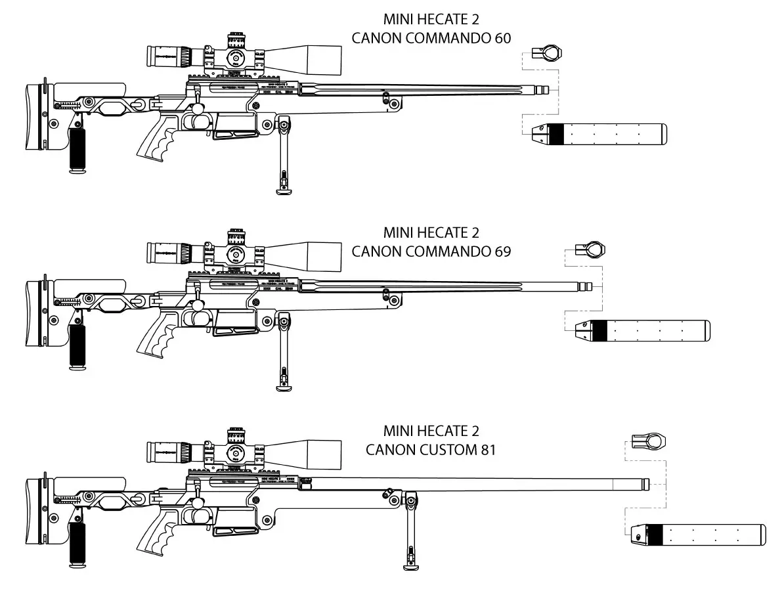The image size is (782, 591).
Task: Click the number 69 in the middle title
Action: point(502,252)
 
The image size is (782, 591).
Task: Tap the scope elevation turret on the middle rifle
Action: point(234,235)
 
